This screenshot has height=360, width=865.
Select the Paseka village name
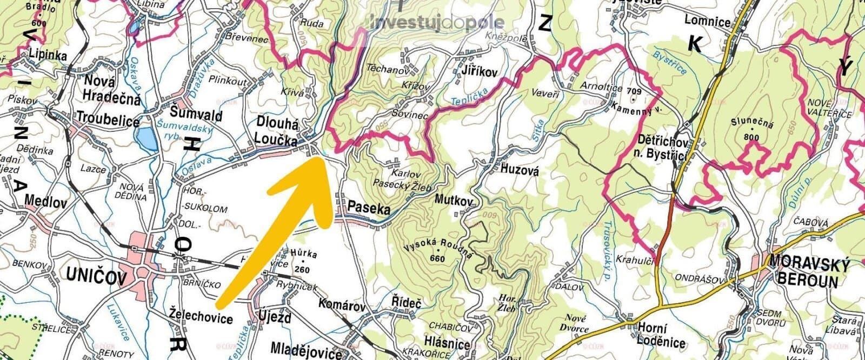pos(369,206)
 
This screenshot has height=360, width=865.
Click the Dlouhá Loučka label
pos(277,132)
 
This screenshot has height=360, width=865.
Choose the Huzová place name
pos(520,170)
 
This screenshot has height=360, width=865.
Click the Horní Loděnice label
pos(661,335)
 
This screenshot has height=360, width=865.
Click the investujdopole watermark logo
pos(438,22)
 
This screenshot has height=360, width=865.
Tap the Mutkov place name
pos(454,200)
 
